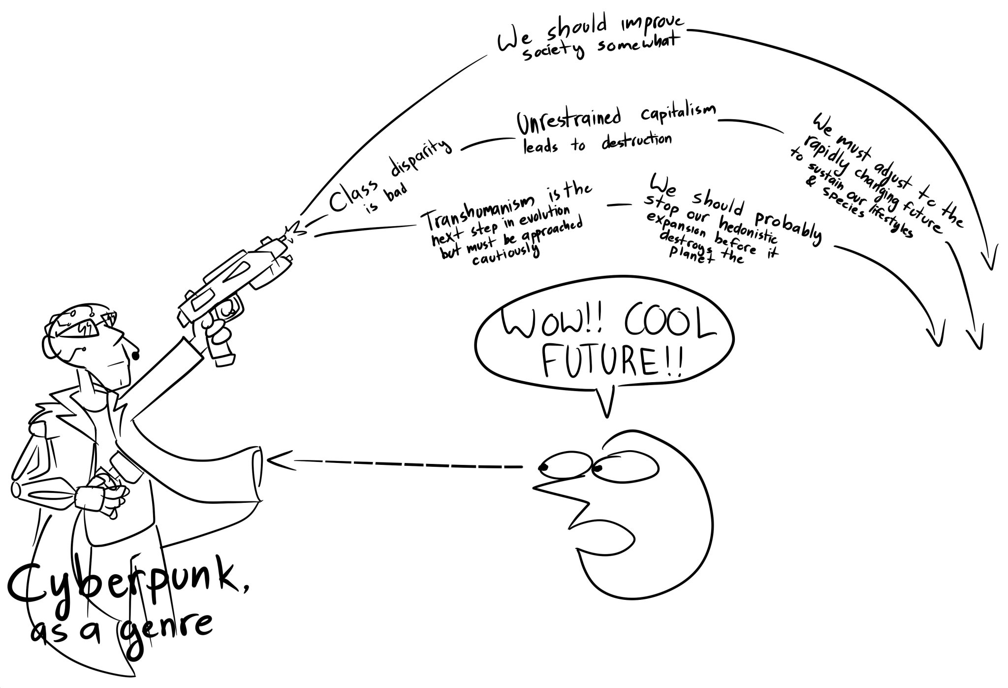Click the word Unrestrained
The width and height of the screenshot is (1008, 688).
coord(568,121)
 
